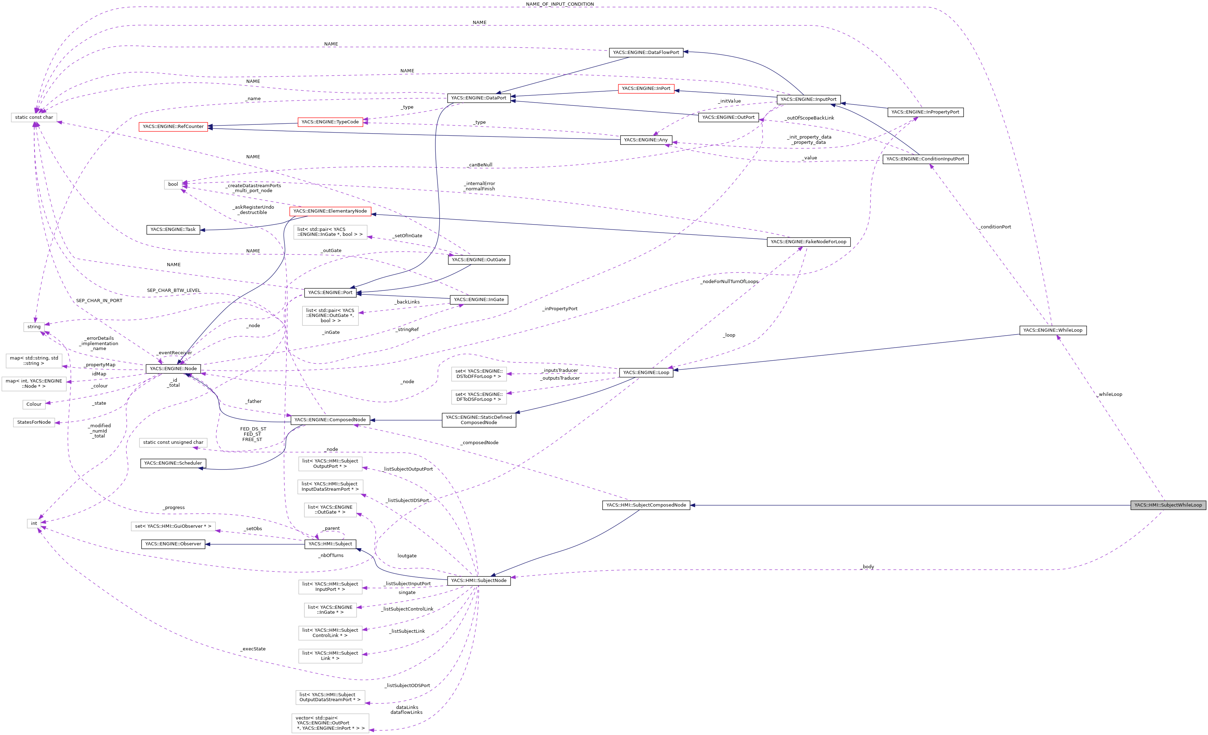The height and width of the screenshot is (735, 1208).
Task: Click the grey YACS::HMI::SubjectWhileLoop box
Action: (1168, 505)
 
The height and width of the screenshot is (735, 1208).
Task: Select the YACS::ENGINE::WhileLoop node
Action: (1052, 330)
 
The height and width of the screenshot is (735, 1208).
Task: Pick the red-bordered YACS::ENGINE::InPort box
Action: (646, 89)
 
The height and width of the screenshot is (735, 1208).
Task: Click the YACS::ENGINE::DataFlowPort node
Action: (646, 53)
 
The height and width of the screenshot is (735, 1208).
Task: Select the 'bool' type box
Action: (173, 185)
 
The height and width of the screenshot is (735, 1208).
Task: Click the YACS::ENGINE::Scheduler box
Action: (173, 463)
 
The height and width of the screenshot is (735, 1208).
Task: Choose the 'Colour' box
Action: (34, 404)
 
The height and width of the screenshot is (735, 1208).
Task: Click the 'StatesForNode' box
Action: (34, 422)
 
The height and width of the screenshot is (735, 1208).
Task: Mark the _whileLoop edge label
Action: (1110, 394)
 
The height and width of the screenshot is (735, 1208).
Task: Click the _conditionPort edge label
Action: (995, 227)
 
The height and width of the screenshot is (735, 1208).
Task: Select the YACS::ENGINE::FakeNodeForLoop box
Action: (808, 242)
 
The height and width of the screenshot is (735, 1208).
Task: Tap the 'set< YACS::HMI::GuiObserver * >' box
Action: (173, 526)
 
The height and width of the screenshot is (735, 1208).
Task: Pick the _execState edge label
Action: (253, 649)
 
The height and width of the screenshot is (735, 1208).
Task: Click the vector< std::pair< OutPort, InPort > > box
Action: (330, 723)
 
